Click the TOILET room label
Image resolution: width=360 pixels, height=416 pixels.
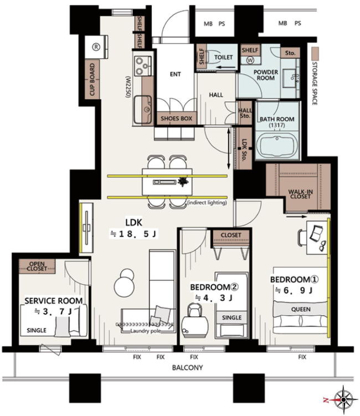[x=223, y=57]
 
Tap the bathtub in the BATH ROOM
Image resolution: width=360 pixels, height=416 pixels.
[x=277, y=145]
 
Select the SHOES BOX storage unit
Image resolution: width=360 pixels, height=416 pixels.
[x=176, y=119]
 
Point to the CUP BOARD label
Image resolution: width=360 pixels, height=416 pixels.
[x=92, y=79]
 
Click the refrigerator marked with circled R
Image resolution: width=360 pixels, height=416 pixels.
[x=96, y=47]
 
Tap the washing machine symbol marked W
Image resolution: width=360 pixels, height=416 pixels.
[x=250, y=60]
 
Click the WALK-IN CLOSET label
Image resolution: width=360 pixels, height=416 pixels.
[x=300, y=194]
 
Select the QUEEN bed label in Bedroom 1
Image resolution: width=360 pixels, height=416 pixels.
[x=301, y=309]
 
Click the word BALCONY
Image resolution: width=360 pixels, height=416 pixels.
[x=187, y=367]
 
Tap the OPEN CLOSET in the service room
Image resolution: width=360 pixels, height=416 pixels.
[x=37, y=266]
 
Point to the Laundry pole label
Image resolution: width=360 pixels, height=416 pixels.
[x=145, y=331]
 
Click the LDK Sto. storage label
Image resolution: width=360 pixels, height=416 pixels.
[x=244, y=150]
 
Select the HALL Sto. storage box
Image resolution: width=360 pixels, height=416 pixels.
[x=245, y=113]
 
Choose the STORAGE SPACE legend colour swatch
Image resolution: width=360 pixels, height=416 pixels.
[x=315, y=54]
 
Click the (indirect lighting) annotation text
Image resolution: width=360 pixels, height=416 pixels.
[x=207, y=203]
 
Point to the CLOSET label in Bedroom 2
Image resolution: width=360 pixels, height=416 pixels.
[x=231, y=235]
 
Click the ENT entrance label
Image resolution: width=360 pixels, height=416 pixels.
[x=175, y=74]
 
